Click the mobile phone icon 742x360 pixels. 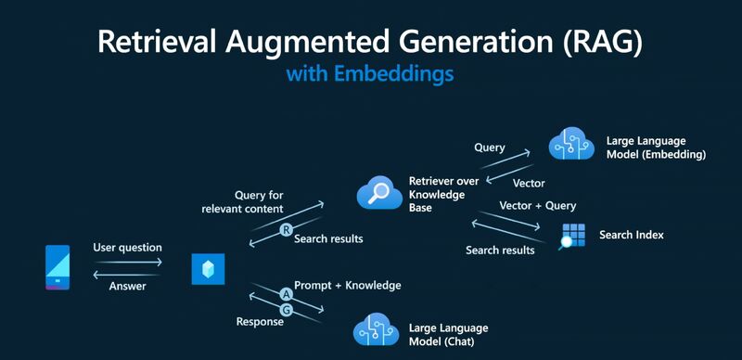58,267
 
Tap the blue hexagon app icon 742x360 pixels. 206,268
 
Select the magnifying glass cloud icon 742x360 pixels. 378,194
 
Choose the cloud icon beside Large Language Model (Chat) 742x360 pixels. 376,330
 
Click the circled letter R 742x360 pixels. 287,230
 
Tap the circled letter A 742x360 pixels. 287,293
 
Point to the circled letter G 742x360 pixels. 287,309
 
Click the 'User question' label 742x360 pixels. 127,248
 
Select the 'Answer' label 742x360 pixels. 128,287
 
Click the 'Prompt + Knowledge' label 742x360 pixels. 348,285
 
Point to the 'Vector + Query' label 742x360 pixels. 538,205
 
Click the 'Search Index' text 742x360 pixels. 632,236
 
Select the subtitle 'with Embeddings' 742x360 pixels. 371,73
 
